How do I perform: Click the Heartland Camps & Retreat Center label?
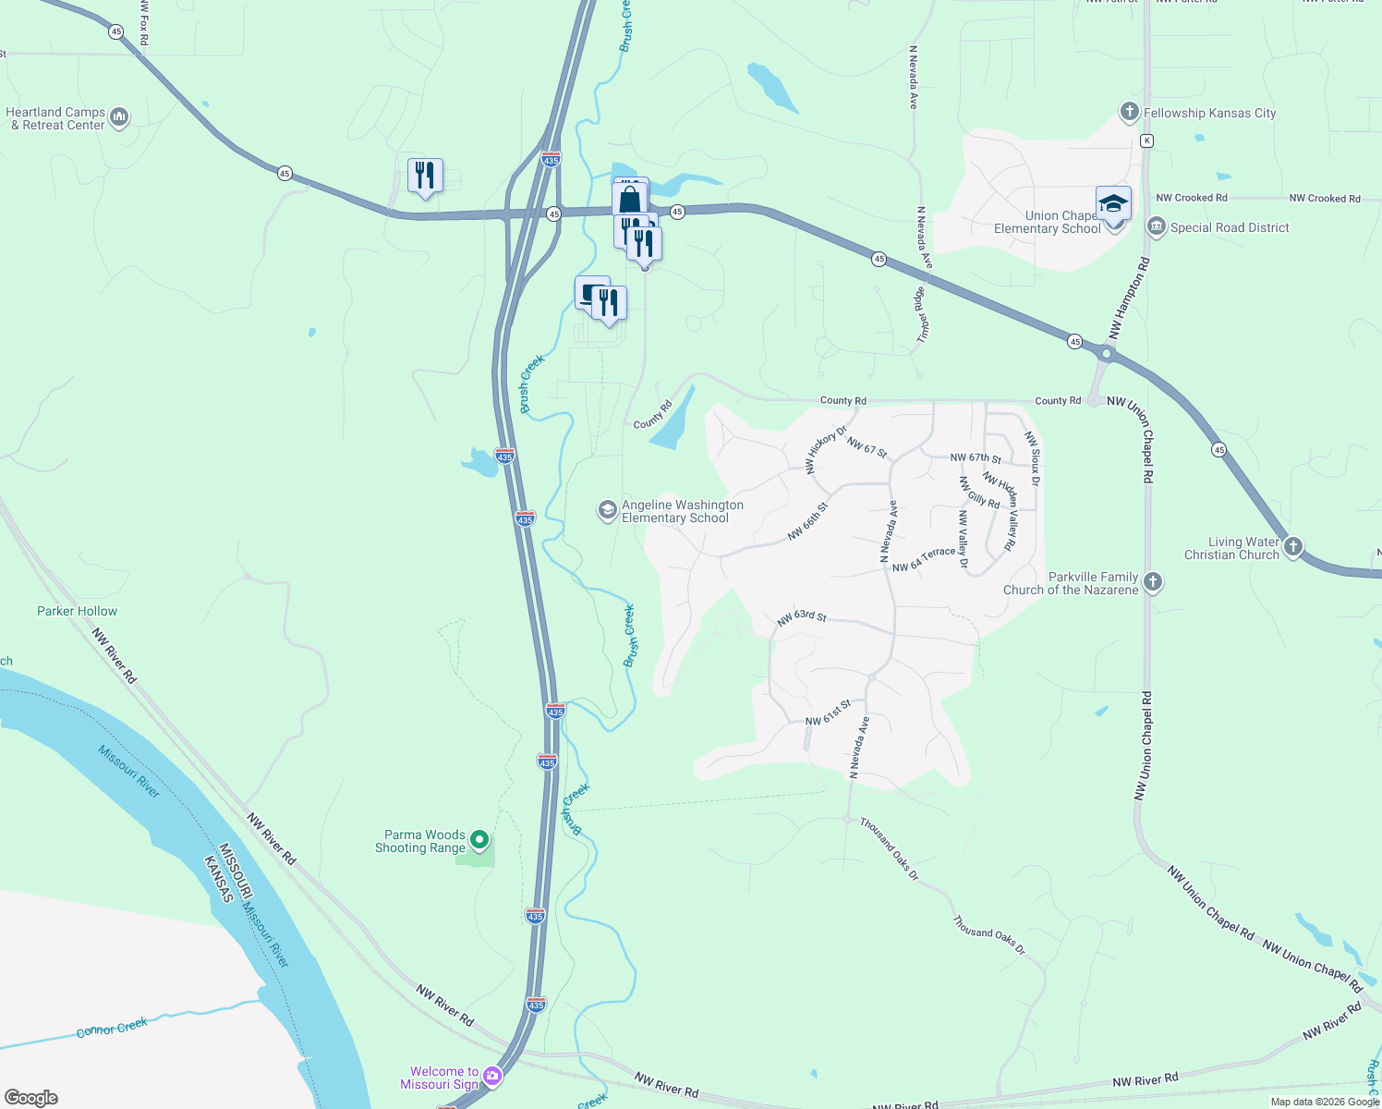coord(55,118)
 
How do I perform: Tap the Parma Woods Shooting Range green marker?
coord(479,840)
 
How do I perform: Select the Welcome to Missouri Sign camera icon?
coord(492,1075)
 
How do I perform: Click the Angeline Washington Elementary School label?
coord(682,511)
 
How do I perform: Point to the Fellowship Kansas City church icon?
coord(1128,113)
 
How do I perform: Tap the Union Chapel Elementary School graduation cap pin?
coord(1113,204)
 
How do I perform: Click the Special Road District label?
coord(1229,227)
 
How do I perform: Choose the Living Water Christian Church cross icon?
coord(1293,547)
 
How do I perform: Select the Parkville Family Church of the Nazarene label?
coord(1071,583)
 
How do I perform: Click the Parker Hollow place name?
coord(78,611)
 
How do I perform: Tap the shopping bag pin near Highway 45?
coord(629,199)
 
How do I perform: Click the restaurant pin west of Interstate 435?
coord(425,175)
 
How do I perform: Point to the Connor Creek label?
coord(112,1028)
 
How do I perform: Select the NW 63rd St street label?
coord(801,617)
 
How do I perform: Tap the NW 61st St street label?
coord(828,713)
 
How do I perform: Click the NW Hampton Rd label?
coord(1129,298)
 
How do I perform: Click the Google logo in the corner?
coord(31,1097)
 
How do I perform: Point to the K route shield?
coord(1146,140)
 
